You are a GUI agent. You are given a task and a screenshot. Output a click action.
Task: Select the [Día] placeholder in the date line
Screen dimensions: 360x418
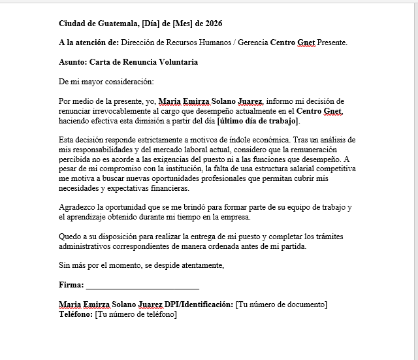click(x=143, y=24)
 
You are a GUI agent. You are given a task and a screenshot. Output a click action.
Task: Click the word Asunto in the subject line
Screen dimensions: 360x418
click(x=72, y=62)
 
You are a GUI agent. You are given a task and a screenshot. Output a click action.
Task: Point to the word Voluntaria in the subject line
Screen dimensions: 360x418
click(x=176, y=62)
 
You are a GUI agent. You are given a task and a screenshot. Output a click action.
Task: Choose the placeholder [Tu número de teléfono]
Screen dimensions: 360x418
click(x=136, y=314)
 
